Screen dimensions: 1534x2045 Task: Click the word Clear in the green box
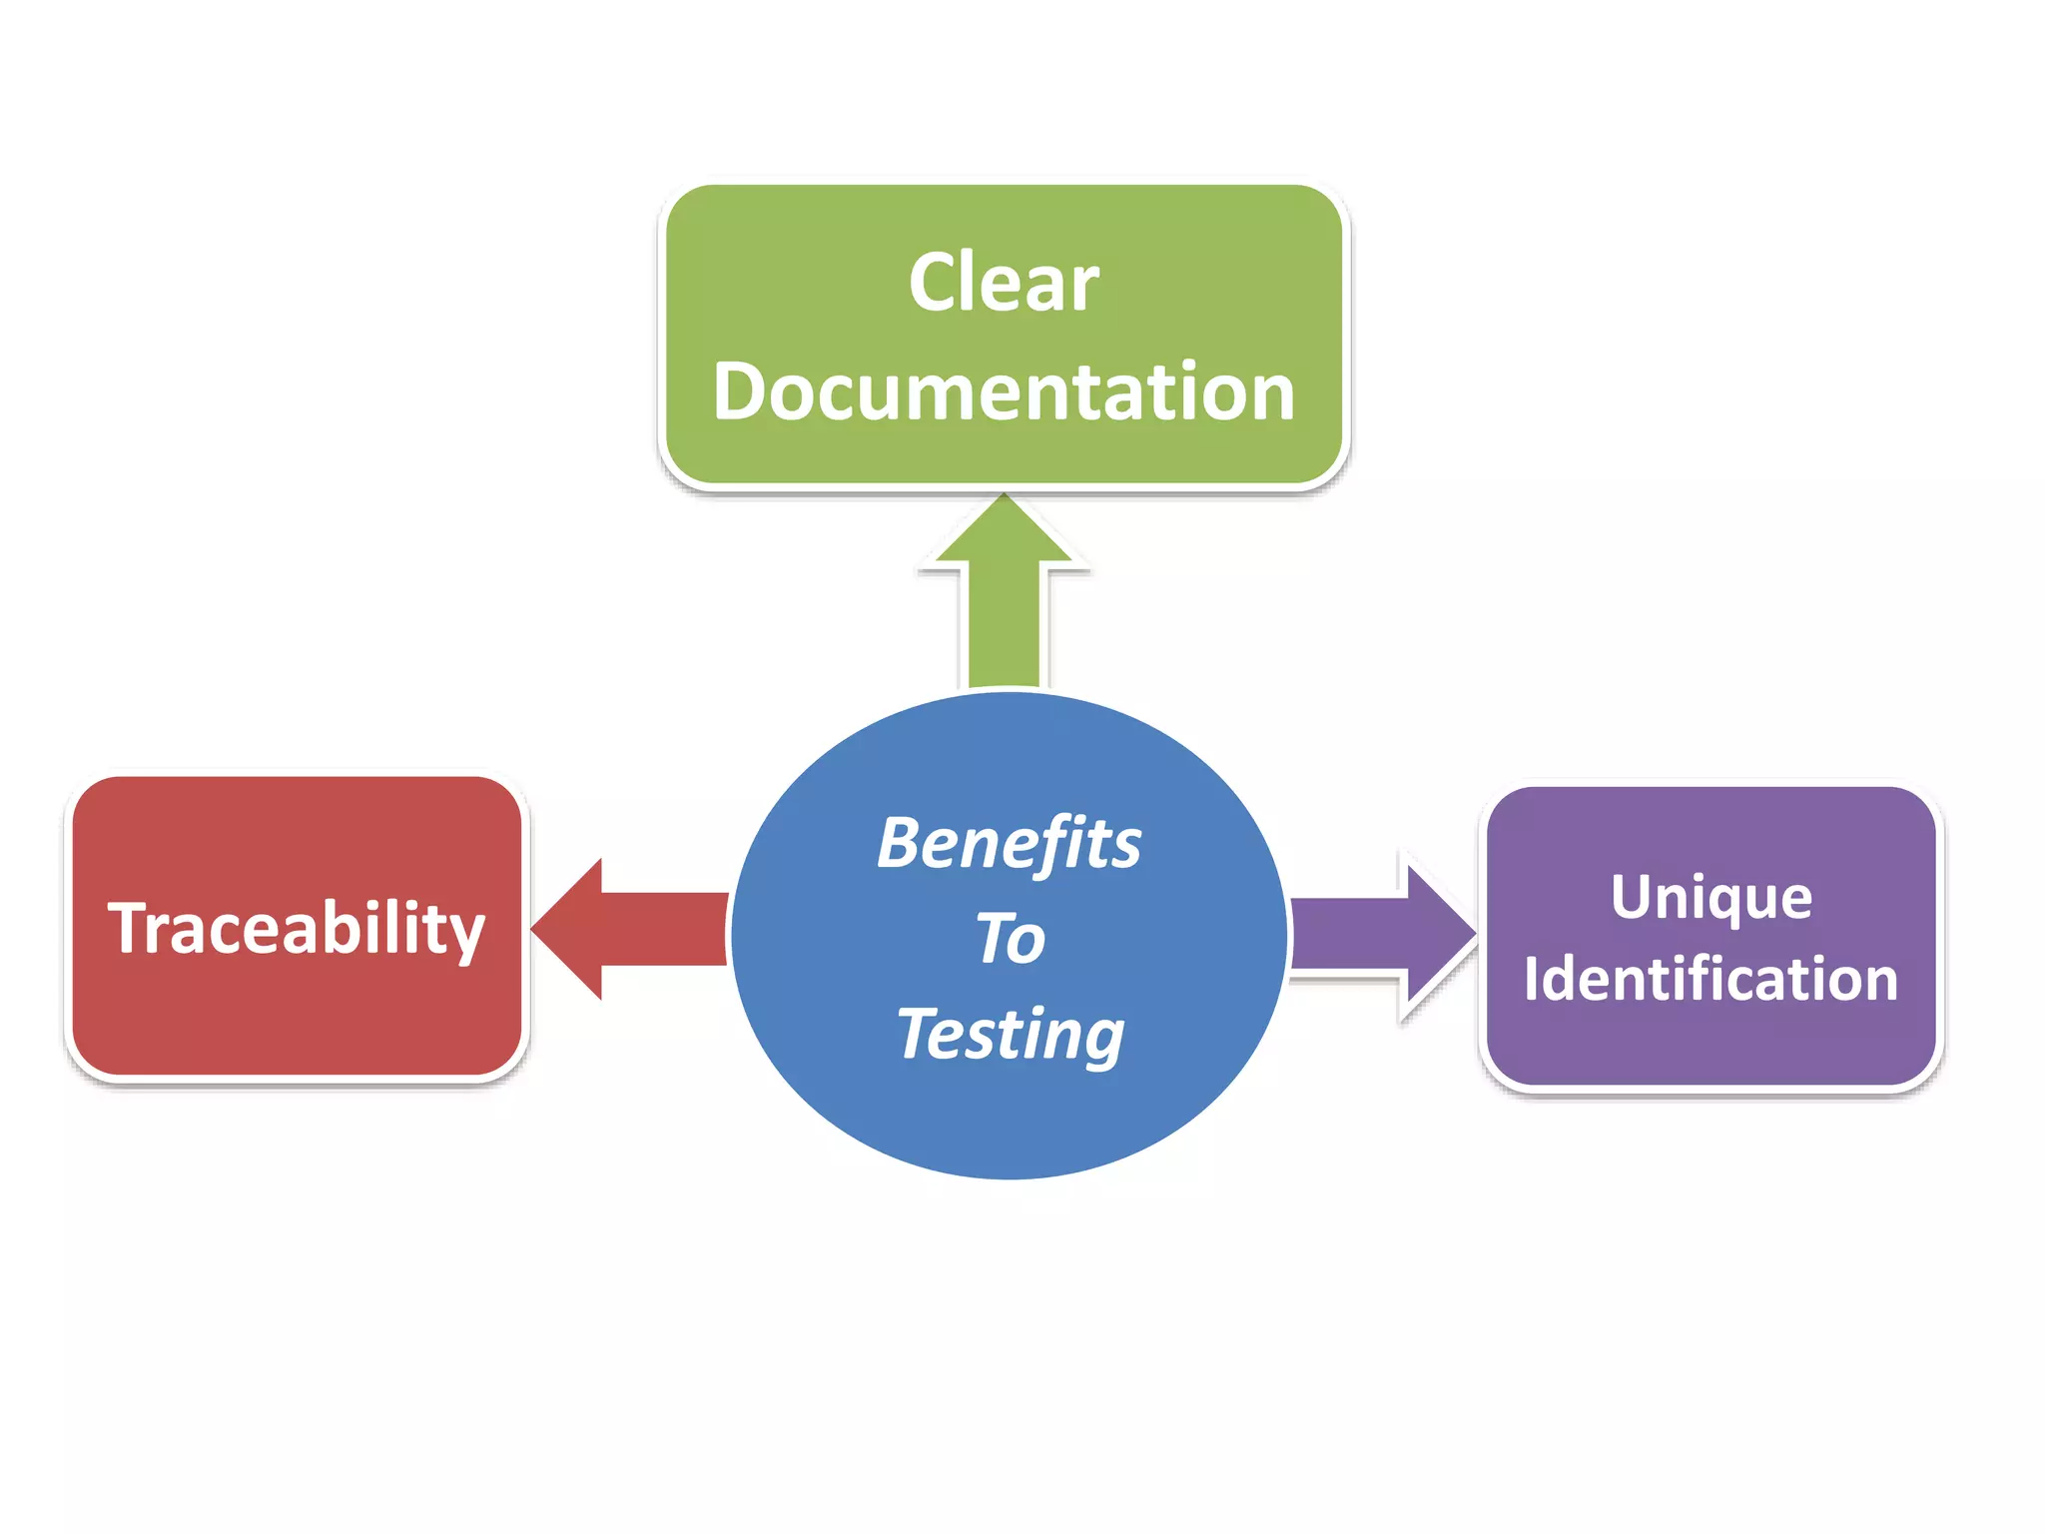pos(1004,283)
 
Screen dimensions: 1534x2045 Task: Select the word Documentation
pos(1004,391)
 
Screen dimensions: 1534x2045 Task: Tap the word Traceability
pos(297,929)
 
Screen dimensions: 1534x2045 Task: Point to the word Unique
pos(1710,898)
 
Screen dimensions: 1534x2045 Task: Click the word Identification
pos(1710,979)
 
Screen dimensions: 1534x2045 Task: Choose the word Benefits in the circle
pos(1009,844)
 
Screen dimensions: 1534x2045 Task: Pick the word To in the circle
pos(1011,939)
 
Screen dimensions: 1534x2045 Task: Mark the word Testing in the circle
pos(1011,1035)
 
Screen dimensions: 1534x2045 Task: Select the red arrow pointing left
pos(629,929)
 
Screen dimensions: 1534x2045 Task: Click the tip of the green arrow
pos(1004,496)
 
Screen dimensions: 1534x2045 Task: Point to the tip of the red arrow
pos(535,929)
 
